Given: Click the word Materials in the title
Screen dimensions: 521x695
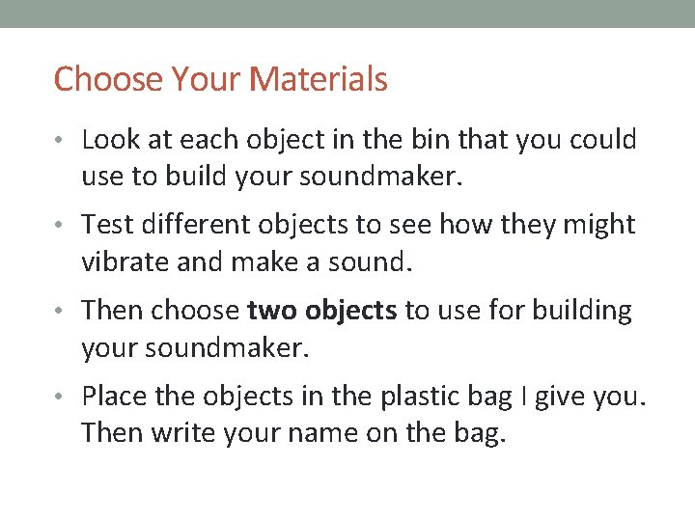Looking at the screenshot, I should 319,79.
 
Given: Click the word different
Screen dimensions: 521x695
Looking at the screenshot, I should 191,225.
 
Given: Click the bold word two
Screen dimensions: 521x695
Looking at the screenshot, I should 272,311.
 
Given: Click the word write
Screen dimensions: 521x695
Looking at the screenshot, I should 172,433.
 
